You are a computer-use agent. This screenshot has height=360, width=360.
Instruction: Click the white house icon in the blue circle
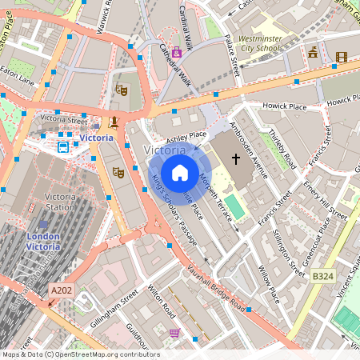pyautogui.click(x=180, y=172)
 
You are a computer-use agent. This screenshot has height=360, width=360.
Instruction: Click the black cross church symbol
pyautogui.click(x=235, y=159)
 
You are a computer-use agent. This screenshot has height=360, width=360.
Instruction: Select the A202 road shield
pyautogui.click(x=62, y=292)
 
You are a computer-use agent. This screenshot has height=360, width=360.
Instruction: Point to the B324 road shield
pyautogui.click(x=322, y=276)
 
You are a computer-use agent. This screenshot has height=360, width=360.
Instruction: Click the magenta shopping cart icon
pyautogui.click(x=174, y=333)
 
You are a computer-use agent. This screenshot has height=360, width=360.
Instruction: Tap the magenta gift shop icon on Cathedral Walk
pyautogui.click(x=176, y=52)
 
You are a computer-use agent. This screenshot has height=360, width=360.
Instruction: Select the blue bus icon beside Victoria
pyautogui.click(x=62, y=146)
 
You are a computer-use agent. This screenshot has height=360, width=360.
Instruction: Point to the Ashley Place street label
pyautogui.click(x=186, y=139)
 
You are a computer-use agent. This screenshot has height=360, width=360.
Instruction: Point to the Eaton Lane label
pyautogui.click(x=17, y=79)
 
